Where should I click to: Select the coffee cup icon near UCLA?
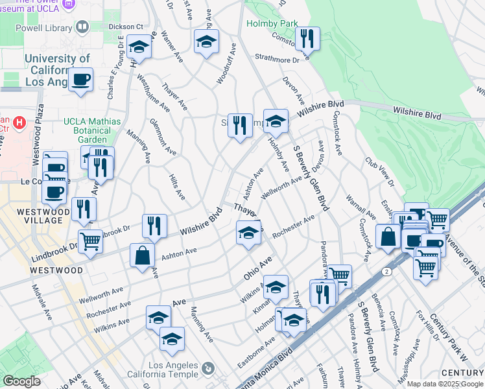pos(80,80)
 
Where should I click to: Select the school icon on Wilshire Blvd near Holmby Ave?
pos(276,121)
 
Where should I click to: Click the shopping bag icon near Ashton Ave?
pos(142,255)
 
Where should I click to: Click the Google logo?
pos(21,381)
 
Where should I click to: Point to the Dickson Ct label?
pos(125,26)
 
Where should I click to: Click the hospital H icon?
pos(20,122)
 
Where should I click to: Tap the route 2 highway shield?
pos(387,271)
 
